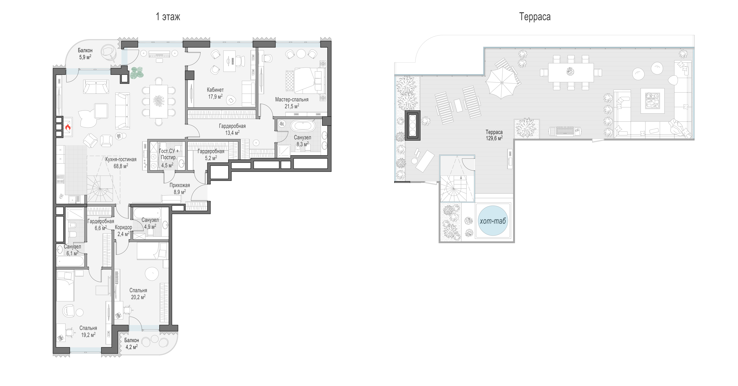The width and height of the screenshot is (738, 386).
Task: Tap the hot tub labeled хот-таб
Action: coord(493,221)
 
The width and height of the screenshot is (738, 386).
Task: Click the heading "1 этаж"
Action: coord(168,17)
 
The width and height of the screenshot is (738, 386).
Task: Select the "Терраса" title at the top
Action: coord(535,17)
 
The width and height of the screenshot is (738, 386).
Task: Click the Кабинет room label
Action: coord(215,90)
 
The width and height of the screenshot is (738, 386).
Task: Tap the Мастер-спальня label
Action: coord(292,100)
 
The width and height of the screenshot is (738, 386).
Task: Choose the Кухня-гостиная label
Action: coord(121,159)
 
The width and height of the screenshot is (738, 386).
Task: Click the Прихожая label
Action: coord(180,185)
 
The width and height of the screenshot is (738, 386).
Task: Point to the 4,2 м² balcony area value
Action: coord(132,347)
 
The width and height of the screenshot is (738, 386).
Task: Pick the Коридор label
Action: coord(123,227)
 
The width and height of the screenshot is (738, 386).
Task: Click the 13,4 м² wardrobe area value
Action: coord(232,133)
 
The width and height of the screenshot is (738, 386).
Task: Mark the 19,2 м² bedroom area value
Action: coord(88,335)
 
